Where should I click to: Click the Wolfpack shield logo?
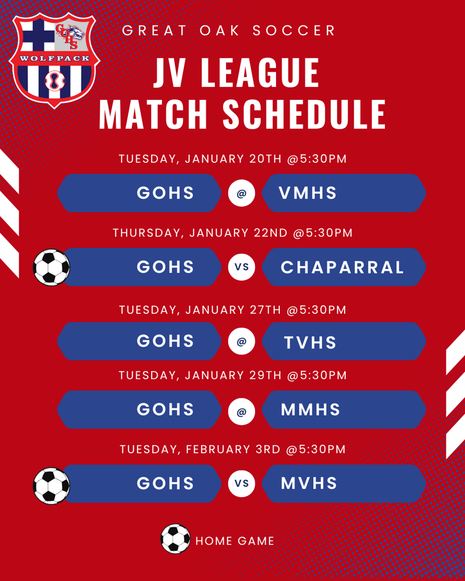coord(54,60)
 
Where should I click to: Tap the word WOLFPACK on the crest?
coord(55,58)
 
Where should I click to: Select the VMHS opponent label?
coord(307,193)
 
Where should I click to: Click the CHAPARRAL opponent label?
coord(342,267)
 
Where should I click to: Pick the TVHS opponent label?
coord(310,342)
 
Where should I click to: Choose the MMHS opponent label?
coord(311,410)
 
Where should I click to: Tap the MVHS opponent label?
coord(309,483)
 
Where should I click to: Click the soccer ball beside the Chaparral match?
coord(51,267)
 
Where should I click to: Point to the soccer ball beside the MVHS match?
coord(51,486)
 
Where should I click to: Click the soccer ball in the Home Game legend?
coord(175,538)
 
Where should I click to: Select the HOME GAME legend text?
coord(234,541)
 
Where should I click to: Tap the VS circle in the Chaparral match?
coord(241,267)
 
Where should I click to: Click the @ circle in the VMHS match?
coord(241,193)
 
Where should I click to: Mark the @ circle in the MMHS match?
coord(241,411)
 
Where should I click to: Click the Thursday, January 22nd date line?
coord(233,233)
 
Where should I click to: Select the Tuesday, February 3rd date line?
coord(233,449)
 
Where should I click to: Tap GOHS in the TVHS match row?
coord(165,341)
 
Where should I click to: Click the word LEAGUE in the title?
coord(260,73)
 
